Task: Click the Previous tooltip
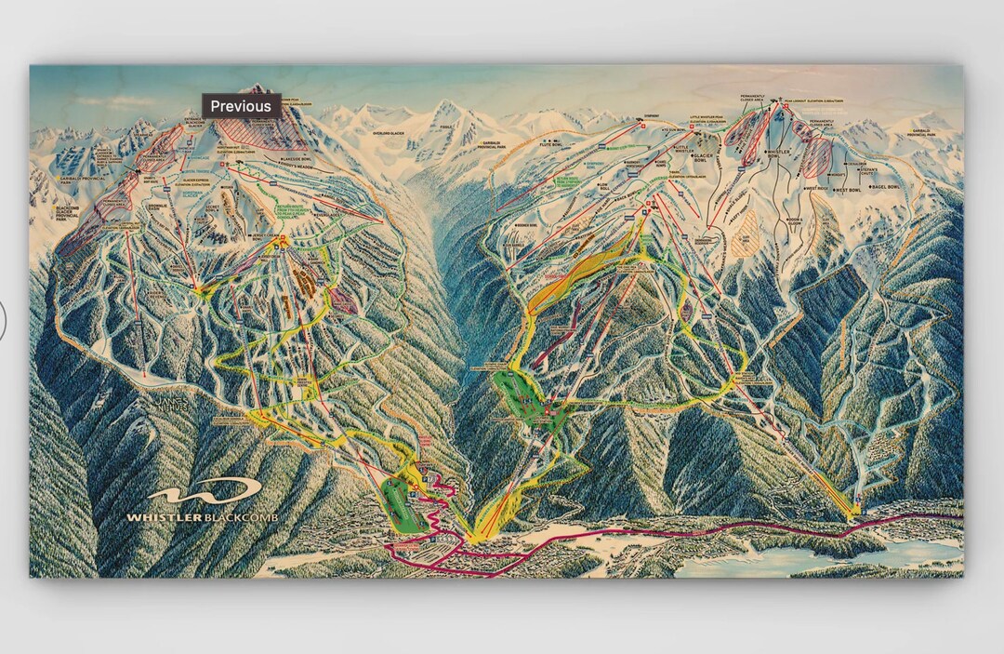click(241, 106)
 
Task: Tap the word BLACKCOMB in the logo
click(243, 517)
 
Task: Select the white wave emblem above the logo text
click(205, 491)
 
